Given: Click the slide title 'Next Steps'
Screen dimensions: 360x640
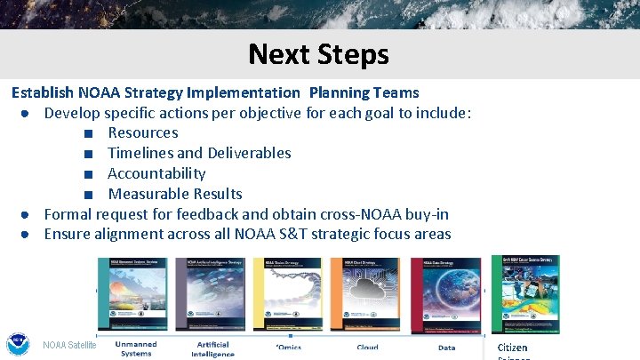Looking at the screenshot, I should [318, 54].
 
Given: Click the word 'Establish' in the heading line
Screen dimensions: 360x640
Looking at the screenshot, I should [42, 92].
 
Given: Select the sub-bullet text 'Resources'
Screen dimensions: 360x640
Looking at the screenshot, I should [142, 132].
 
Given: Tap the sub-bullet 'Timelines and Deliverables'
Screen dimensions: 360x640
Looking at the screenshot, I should [199, 153].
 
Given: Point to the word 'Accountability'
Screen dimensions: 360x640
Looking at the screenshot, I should [156, 173].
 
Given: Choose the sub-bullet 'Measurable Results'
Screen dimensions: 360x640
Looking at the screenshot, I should [174, 194].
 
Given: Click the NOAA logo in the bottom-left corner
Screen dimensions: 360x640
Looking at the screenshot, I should [17, 345].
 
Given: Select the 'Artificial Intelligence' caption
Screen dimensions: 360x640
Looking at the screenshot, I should [212, 348].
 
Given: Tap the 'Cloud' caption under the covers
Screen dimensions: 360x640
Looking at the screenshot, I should [367, 348].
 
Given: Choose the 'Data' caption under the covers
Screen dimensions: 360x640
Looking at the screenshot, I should [446, 348].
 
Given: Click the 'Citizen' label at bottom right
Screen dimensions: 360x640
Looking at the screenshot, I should [512, 348].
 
